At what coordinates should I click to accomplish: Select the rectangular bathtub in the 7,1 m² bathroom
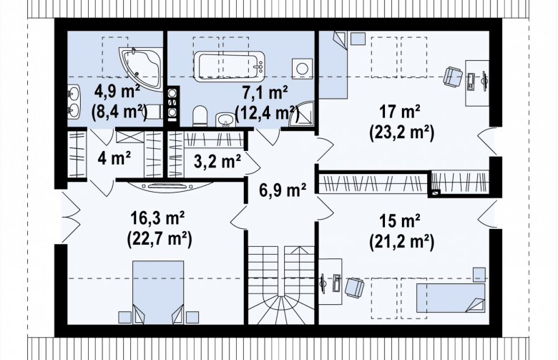coord(230,65)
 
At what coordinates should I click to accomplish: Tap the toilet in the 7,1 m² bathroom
coord(200,116)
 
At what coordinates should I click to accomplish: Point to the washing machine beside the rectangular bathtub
coord(302,69)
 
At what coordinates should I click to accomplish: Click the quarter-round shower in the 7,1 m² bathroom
coord(302,115)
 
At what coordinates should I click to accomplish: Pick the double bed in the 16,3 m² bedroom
coord(158,292)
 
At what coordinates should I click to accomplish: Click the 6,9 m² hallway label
coord(283,190)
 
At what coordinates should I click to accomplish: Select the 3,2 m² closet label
coord(217,161)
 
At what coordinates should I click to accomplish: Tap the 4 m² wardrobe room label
coord(114,157)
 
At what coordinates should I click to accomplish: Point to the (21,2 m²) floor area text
coord(402,242)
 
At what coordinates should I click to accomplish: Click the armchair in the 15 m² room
coord(354,288)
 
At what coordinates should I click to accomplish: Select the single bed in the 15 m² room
coord(451,298)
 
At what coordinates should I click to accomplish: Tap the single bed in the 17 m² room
coord(333,65)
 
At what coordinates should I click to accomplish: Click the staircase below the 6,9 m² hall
coord(281,285)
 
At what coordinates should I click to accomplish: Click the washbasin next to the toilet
coord(225,120)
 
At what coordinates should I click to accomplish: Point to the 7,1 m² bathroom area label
coord(265,93)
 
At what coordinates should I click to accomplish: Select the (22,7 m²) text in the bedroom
coord(160,239)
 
